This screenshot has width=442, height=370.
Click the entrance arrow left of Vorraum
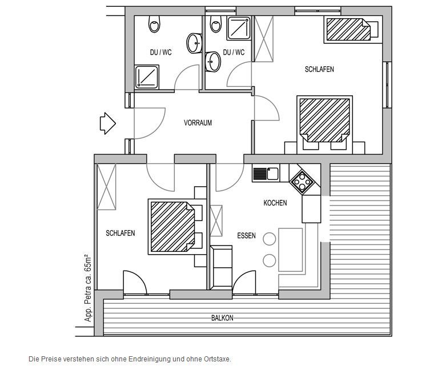click(108, 123)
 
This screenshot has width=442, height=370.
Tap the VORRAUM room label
click(198, 123)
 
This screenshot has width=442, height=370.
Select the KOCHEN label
click(275, 203)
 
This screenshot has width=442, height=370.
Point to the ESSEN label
click(246, 236)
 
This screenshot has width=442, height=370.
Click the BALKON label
click(222, 318)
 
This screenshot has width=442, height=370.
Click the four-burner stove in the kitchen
click(302, 182)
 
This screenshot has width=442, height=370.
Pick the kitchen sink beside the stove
click(266, 174)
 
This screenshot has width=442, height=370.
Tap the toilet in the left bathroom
click(154, 23)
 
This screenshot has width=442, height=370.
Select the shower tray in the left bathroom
click(147, 77)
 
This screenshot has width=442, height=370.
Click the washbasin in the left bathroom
click(194, 43)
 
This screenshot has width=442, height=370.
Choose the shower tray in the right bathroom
click(239, 28)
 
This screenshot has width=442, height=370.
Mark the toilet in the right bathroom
click(216, 23)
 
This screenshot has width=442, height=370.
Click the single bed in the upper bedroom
click(351, 29)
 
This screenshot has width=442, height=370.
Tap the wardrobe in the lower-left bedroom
click(106, 187)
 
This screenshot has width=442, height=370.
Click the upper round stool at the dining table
click(269, 239)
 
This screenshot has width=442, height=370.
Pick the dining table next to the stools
click(291, 250)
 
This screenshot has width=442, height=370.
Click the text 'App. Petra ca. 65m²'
click(89, 288)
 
